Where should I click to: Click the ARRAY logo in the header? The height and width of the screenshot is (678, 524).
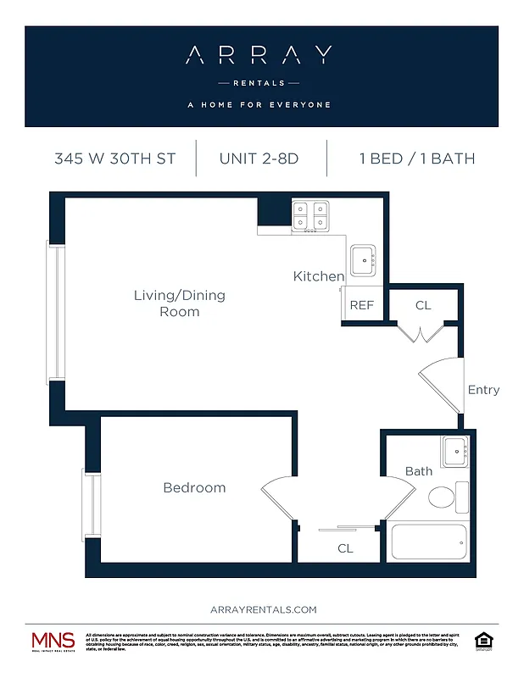[259, 56]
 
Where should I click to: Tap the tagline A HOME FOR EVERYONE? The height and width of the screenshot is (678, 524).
[259, 105]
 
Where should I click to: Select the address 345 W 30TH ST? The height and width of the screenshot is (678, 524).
[115, 158]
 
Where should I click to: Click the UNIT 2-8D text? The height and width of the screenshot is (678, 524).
[259, 158]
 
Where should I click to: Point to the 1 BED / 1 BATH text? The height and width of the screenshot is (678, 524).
[416, 158]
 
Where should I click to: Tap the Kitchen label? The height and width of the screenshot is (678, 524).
[319, 276]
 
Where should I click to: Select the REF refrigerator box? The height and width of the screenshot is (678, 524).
[362, 305]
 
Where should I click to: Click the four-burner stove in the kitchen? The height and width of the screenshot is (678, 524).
[310, 216]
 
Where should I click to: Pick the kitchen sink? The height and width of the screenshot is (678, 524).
[364, 260]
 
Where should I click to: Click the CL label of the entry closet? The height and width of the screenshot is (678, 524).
[423, 305]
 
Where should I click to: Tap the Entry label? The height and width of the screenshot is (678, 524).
[483, 390]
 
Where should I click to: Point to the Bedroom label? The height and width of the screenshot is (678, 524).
[194, 487]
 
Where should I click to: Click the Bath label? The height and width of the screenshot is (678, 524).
[418, 471]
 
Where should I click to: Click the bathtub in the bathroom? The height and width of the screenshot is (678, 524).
[428, 540]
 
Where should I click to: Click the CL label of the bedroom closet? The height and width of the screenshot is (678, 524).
[345, 548]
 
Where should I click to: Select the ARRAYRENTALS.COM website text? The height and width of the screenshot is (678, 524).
[263, 609]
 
